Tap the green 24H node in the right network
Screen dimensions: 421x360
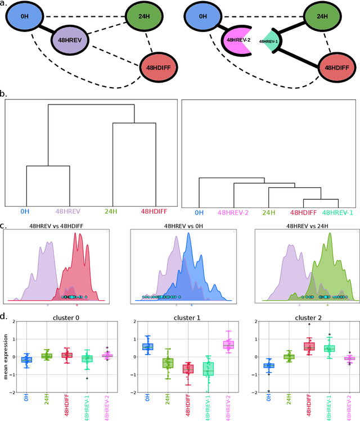322,17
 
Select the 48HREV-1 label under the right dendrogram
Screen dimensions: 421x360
337,212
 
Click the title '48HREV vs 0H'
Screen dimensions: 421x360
180,226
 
